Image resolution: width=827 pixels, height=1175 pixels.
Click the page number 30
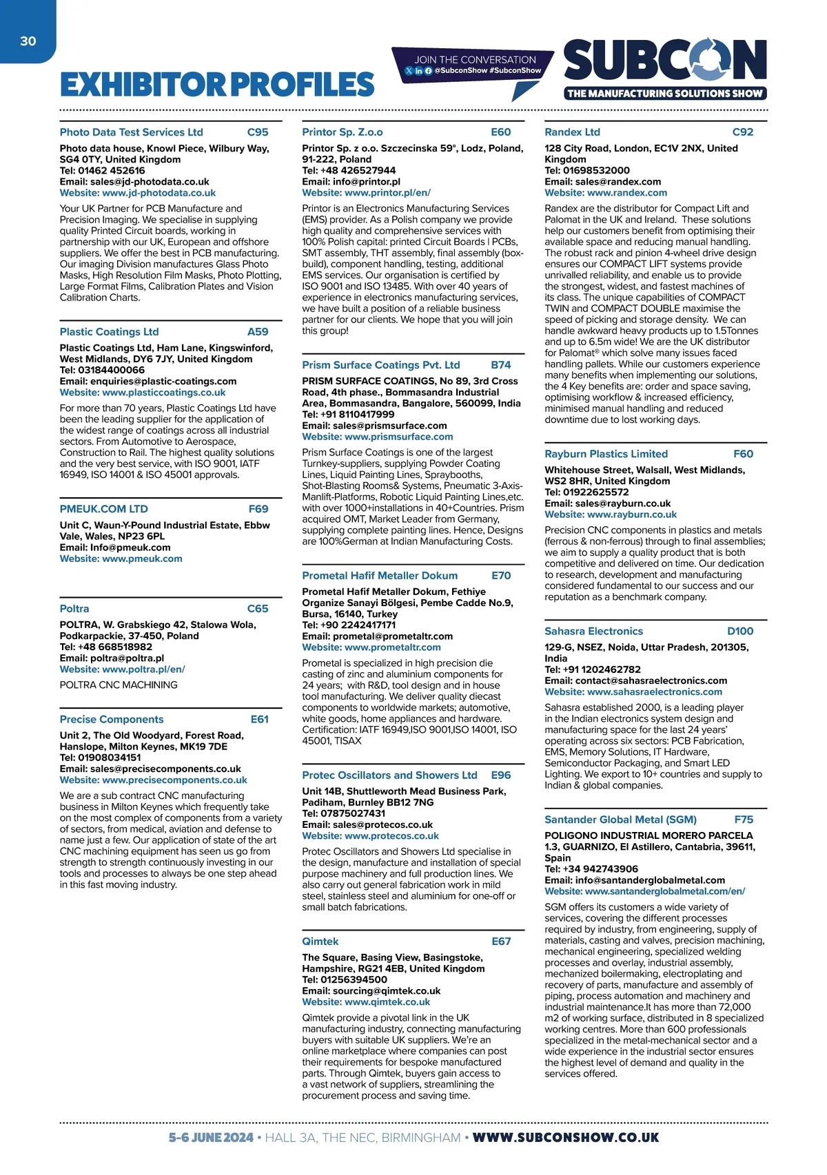(28, 41)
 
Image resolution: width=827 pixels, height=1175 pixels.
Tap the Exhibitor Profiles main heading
(217, 85)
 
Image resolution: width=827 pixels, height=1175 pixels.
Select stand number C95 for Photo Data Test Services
(258, 132)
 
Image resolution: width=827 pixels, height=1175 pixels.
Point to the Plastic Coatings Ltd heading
(109, 332)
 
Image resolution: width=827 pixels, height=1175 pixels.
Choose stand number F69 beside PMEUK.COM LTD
(258, 509)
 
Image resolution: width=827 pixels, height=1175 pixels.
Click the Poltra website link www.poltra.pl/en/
(143, 669)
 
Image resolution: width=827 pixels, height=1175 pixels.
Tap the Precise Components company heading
(112, 719)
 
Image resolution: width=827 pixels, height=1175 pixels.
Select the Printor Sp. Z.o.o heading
(343, 132)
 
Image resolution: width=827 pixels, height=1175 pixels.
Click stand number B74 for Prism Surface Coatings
(501, 365)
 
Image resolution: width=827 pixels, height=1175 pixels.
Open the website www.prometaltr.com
(392, 647)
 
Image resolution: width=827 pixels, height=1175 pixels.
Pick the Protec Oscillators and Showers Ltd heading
(389, 776)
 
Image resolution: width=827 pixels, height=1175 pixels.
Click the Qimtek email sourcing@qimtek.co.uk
(387, 991)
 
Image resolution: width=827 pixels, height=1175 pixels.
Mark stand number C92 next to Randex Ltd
(743, 132)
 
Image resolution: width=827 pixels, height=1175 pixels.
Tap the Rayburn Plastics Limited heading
(606, 454)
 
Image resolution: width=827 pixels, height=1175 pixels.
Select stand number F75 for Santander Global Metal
(744, 820)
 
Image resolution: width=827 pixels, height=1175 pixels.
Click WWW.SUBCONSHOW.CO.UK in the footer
(565, 1138)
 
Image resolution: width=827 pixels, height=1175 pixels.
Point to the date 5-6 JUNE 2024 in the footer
(211, 1138)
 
